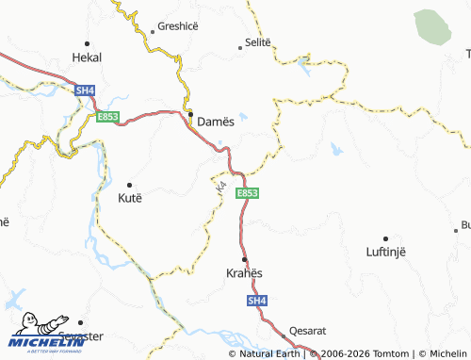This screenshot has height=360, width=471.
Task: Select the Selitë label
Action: [257, 42]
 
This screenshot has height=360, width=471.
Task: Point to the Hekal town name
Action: [87, 57]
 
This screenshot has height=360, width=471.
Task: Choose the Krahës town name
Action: [244, 273]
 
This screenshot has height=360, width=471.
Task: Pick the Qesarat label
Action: [308, 331]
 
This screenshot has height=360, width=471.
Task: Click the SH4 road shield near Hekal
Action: [86, 90]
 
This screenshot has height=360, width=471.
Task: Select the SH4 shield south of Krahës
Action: [257, 301]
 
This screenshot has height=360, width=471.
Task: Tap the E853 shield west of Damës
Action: [106, 117]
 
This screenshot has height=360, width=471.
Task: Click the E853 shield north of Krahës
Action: [247, 193]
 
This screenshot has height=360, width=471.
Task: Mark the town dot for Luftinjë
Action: [385, 237]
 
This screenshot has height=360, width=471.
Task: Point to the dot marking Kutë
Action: [129, 185]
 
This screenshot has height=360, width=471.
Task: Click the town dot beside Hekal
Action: [87, 43]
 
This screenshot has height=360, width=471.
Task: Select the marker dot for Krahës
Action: [245, 259]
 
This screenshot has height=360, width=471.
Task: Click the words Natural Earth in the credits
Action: [272, 353]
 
